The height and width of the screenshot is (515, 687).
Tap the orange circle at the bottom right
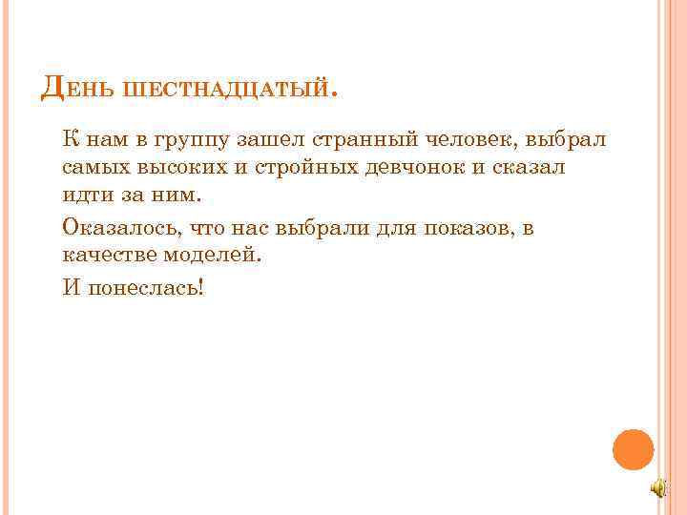point(633,449)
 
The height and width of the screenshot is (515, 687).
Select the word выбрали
point(321,227)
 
